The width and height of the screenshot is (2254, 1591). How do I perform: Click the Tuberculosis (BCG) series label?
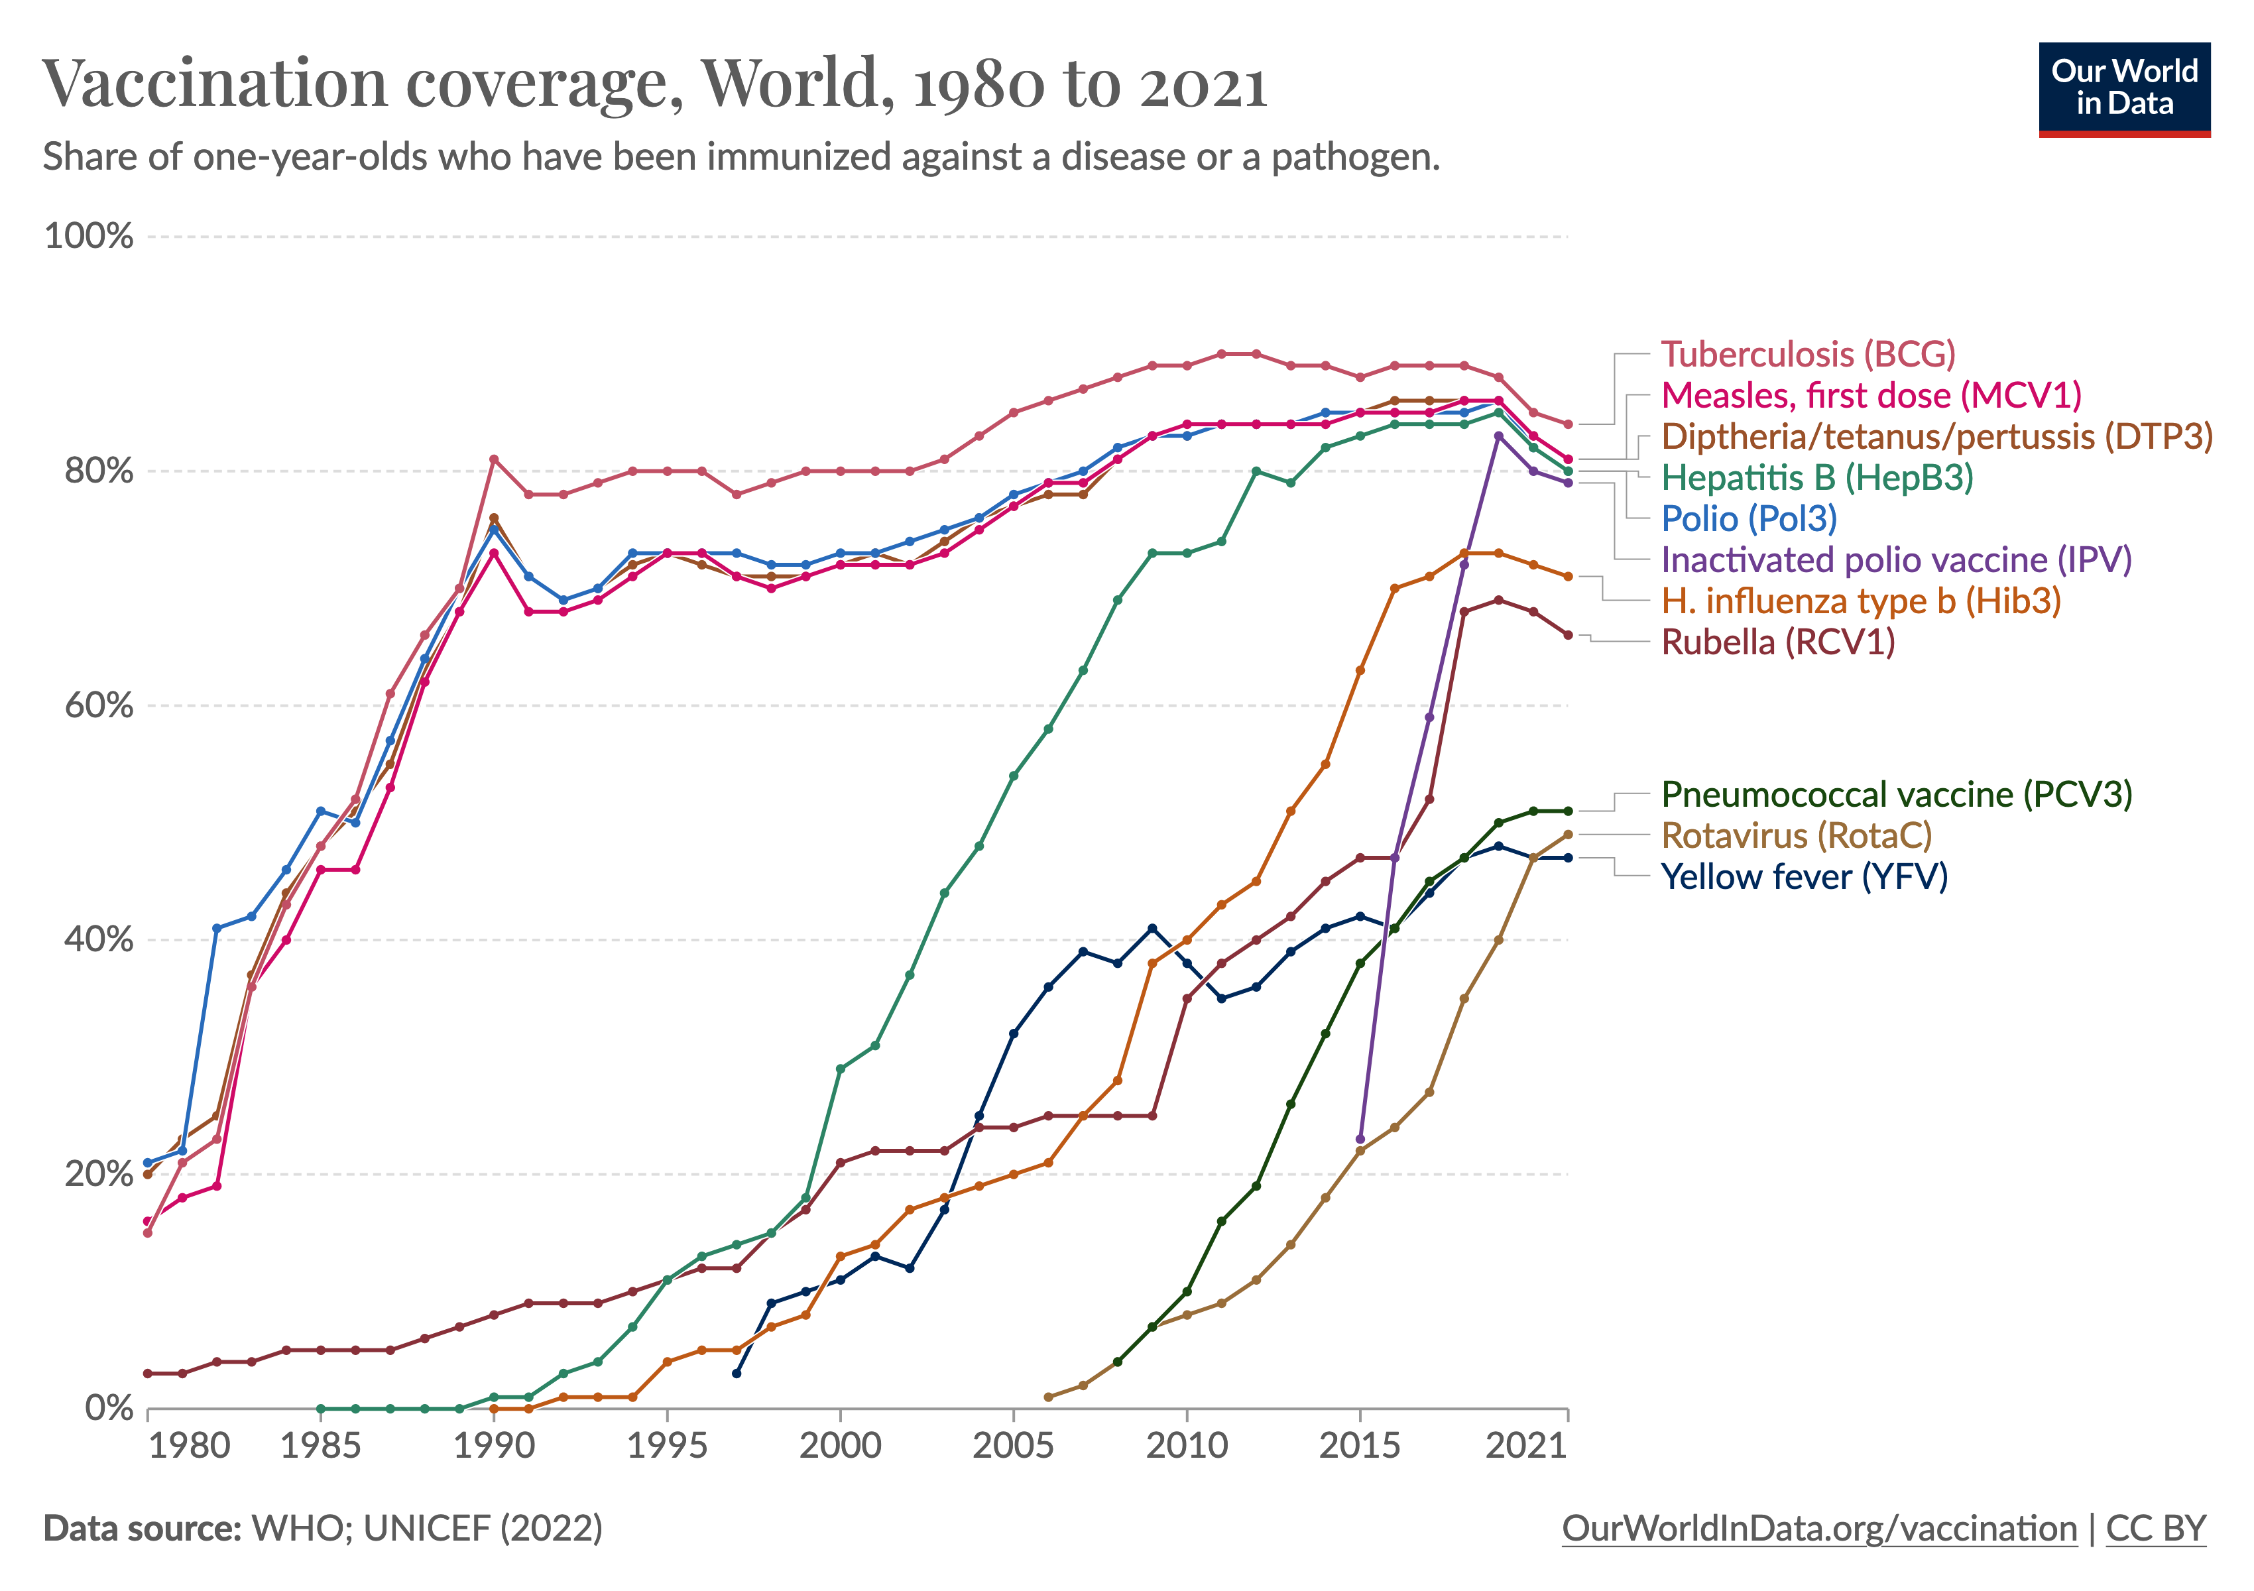(1807, 354)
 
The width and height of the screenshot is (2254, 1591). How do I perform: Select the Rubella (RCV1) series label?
(1777, 642)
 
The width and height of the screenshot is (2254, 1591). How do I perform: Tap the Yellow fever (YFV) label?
(1803, 876)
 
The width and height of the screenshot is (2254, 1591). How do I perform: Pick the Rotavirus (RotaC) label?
(1795, 835)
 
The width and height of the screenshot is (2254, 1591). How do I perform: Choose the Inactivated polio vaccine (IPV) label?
(1895, 560)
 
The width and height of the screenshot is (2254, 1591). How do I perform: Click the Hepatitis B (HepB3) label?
(1816, 478)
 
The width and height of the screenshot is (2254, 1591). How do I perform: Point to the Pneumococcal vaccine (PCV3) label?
(1895, 794)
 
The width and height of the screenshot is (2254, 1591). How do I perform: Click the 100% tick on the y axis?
(88, 237)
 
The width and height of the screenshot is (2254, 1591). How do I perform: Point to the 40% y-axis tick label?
(98, 939)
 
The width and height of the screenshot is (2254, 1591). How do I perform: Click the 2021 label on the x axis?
(1525, 1444)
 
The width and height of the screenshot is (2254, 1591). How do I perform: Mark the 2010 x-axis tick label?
(1187, 1444)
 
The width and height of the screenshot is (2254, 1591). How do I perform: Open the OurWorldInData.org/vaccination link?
(1819, 1528)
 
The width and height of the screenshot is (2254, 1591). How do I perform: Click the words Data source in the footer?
(141, 1528)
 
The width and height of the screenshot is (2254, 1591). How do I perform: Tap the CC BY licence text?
(2156, 1528)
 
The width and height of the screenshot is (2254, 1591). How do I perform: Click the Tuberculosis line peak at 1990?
(494, 459)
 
